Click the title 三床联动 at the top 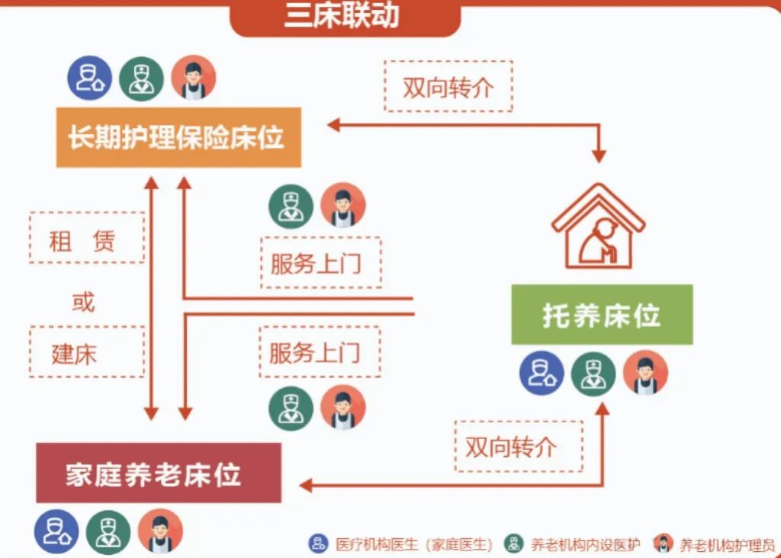coord(342,15)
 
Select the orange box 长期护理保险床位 coord(178,137)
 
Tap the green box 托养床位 coord(603,315)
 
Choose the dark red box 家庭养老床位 coord(159,473)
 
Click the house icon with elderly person coord(599,226)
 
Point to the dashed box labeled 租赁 coord(87,238)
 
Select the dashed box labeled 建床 coord(87,352)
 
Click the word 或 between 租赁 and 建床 coord(82,302)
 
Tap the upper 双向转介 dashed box coord(448,86)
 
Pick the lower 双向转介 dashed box coord(519,447)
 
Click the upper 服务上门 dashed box coord(321,263)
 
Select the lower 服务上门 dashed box coord(320,352)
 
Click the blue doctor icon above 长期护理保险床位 coord(90,79)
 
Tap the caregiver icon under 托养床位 coord(645,373)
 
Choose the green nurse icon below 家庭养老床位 coord(108,532)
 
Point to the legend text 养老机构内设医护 coord(585,545)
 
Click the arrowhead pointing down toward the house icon coord(599,156)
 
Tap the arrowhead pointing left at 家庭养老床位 coord(306,486)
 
